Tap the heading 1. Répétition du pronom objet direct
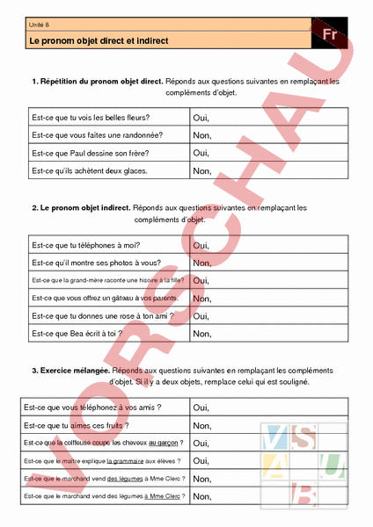coord(97,81)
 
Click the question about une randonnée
coord(97,134)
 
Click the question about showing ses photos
coord(96,263)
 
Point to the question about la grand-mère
coord(106,280)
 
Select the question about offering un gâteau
coord(104,298)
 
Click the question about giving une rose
coord(102,315)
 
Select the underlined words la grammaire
coord(126,460)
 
